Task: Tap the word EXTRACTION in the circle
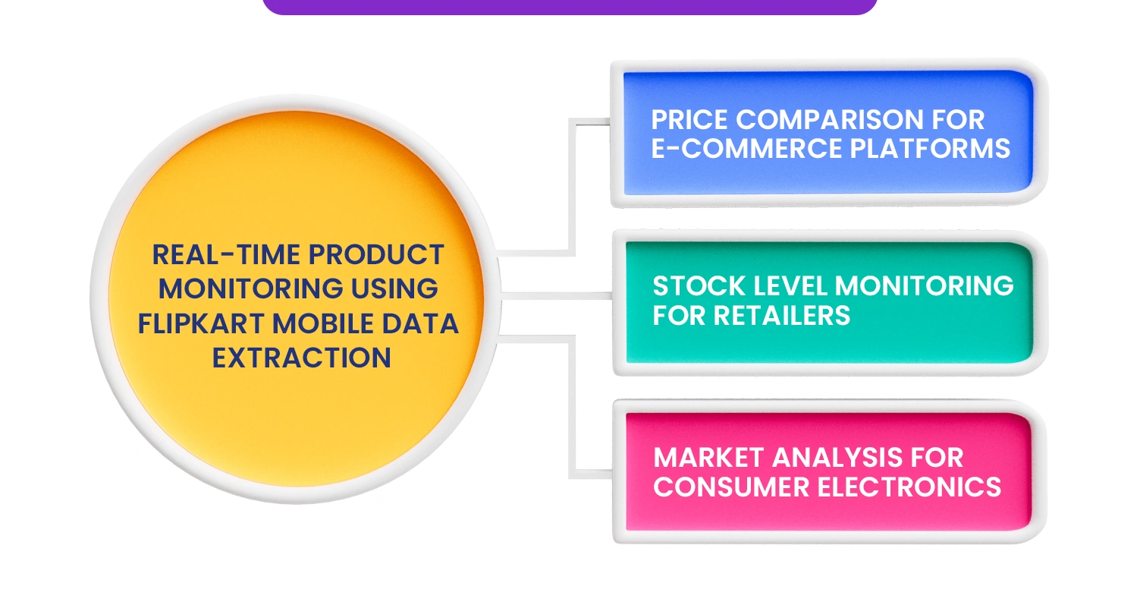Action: point(301,358)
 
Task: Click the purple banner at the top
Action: point(569,7)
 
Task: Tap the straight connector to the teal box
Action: point(557,296)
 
